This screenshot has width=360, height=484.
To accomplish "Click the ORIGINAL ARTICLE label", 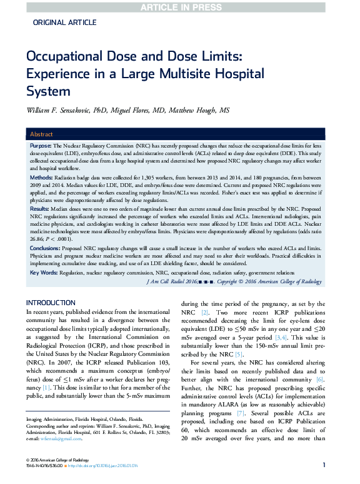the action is pyautogui.click(x=64, y=23).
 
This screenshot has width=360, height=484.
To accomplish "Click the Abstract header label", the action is pyautogui.click(x=42, y=134).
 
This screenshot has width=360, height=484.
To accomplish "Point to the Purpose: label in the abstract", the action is pyautogui.click(x=41, y=145).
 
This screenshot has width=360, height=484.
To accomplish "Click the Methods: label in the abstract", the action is pyautogui.click(x=42, y=178).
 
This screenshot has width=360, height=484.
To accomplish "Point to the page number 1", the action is pyautogui.click(x=324, y=465).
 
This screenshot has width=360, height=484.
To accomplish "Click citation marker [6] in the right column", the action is pyautogui.click(x=320, y=380).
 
